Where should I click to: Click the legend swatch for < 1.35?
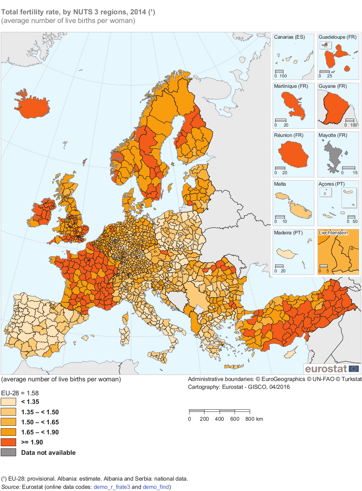9,402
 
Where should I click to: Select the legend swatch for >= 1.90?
9,442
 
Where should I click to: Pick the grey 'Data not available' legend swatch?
9,452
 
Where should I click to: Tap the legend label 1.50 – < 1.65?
40,422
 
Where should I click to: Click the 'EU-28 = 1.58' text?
20,393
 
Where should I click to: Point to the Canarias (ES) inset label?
289,37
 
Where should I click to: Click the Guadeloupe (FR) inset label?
337,37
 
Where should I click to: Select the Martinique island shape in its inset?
292,104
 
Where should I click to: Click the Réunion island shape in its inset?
293,154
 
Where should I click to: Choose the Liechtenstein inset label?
333,233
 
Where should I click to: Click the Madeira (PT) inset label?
288,233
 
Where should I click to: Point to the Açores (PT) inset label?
332,184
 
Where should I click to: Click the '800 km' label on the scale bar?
254,419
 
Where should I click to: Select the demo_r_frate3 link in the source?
112,487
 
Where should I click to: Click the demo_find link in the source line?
156,487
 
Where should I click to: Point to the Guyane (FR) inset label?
333,86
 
